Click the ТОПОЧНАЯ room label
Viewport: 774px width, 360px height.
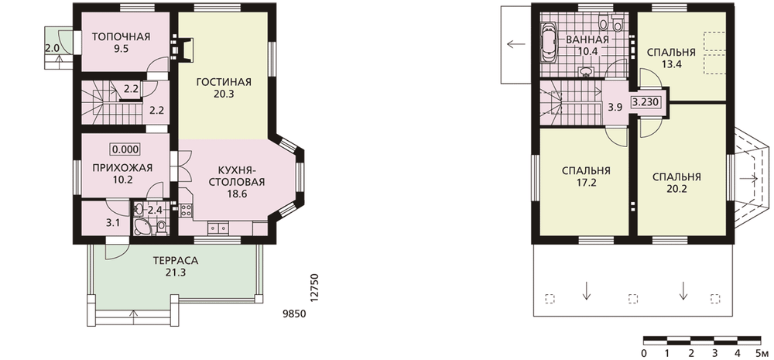tap(121, 36)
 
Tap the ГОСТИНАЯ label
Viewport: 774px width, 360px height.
tap(224, 82)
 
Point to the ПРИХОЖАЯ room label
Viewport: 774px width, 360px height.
tap(122, 168)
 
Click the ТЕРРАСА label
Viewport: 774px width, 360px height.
tap(176, 260)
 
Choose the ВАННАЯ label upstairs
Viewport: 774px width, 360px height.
tap(587, 39)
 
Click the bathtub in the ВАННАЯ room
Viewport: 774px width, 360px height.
tap(550, 43)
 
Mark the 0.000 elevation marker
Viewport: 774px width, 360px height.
tap(125, 149)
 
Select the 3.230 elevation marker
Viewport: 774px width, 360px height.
tap(644, 103)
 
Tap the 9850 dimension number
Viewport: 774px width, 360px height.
tap(294, 314)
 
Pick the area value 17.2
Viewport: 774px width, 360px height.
tap(586, 183)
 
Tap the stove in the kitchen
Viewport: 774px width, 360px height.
tap(186, 210)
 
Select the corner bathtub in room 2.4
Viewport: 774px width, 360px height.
tap(141, 228)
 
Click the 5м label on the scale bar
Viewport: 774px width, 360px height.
tap(762, 353)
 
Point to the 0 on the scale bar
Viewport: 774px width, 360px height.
tap(644, 353)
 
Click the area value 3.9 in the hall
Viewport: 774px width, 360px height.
tap(615, 107)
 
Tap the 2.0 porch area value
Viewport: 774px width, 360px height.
tap(53, 49)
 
